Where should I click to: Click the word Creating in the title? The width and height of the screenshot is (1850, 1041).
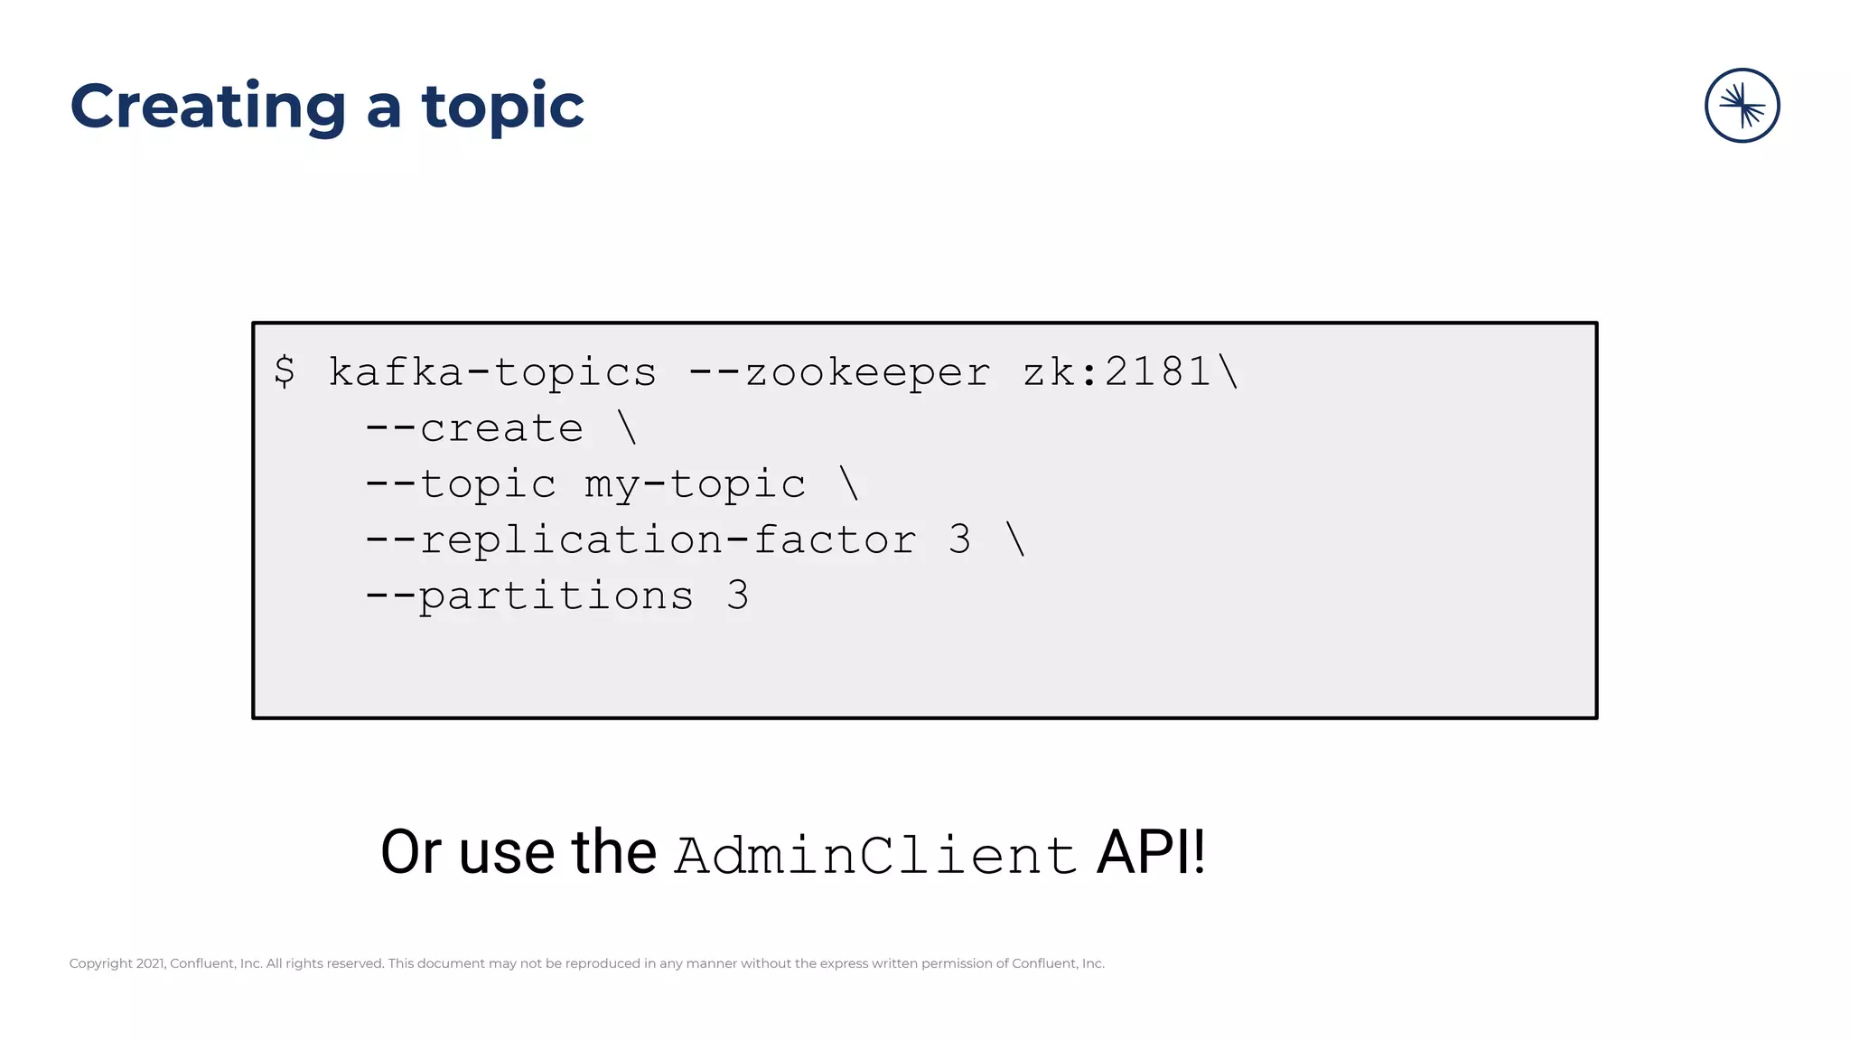(x=208, y=108)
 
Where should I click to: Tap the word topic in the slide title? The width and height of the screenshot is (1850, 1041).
(x=502, y=108)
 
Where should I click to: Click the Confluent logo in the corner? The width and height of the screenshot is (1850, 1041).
(x=1742, y=106)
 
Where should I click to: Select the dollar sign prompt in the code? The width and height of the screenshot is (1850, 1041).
(x=285, y=371)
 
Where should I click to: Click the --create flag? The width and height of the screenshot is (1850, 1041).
(x=474, y=428)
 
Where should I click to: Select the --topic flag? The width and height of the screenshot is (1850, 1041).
(x=461, y=484)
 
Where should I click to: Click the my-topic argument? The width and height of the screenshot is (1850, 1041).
(x=695, y=484)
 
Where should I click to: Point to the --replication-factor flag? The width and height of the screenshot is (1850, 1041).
(x=640, y=540)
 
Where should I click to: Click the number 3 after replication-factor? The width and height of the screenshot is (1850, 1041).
(x=960, y=540)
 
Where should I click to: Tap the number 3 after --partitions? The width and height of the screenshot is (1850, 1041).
(x=738, y=596)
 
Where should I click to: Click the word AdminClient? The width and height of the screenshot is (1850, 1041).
(x=875, y=855)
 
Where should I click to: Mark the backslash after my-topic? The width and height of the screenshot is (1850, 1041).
(x=849, y=483)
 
